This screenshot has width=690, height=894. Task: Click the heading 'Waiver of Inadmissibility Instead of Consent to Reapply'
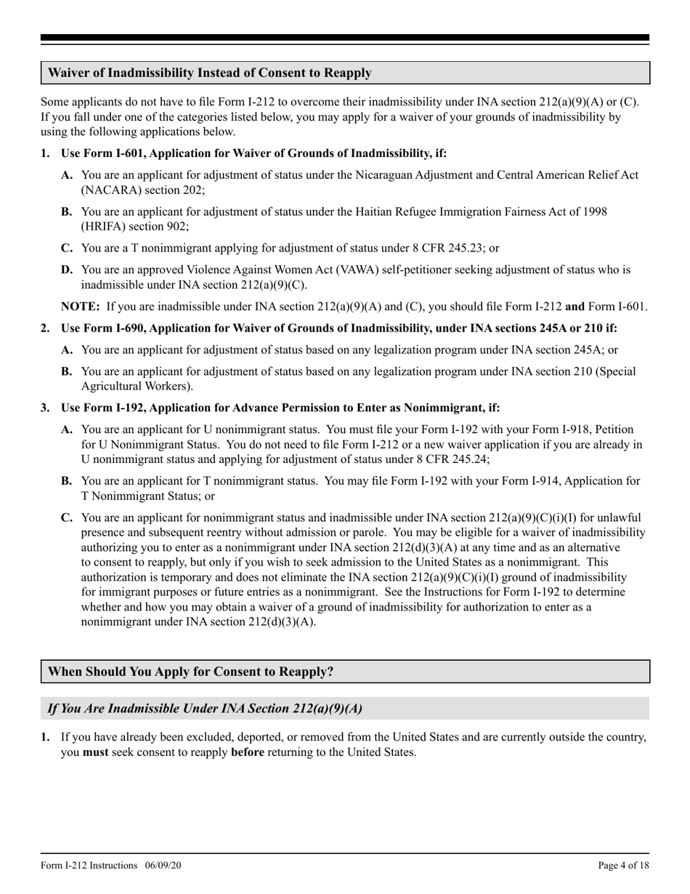pyautogui.click(x=210, y=73)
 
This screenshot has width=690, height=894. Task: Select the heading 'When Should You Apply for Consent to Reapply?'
pyautogui.click(x=190, y=672)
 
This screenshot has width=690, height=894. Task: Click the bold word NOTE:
pyautogui.click(x=81, y=307)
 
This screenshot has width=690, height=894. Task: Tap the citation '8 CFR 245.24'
pyautogui.click(x=455, y=459)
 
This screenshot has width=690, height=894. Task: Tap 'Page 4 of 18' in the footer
pyautogui.click(x=623, y=866)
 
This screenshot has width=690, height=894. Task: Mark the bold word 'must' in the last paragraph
pyautogui.click(x=95, y=752)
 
